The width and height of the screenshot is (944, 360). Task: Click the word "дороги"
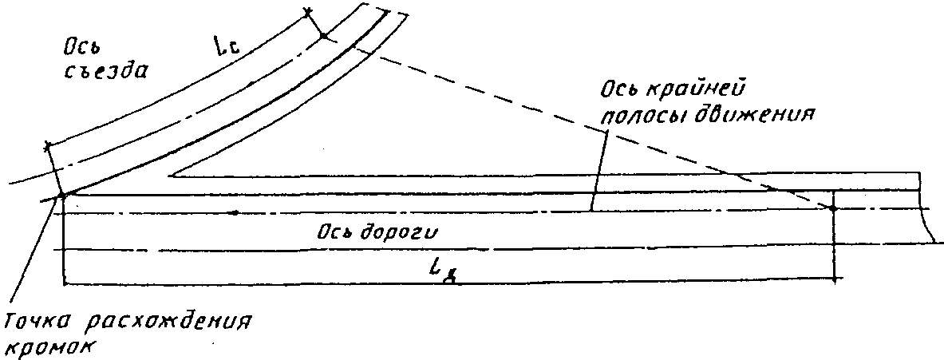coord(397,231)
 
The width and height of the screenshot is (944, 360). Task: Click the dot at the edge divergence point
coord(62,194)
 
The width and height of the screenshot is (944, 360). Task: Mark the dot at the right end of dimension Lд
coord(832,208)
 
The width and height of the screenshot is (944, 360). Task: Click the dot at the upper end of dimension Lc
coord(322,36)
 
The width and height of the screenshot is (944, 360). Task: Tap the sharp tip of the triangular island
coord(171,175)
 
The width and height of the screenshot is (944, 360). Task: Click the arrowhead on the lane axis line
coord(232,212)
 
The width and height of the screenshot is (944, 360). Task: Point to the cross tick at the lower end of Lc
coord(48,146)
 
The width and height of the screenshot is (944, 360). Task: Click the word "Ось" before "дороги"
coord(333,231)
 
